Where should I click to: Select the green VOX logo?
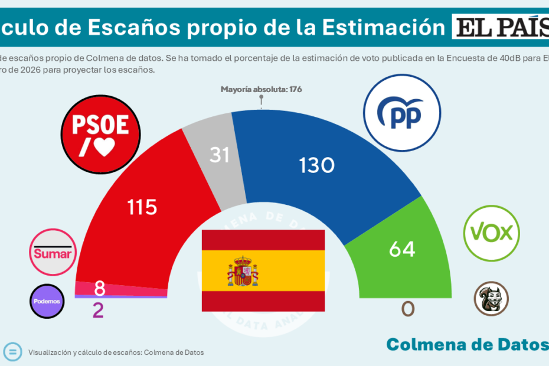[x=491, y=233]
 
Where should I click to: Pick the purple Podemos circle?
[x=47, y=301]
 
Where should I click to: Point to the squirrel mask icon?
[x=491, y=298]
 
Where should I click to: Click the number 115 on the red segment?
[x=142, y=207]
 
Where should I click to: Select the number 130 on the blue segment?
[x=317, y=166]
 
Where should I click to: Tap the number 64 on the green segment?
[x=402, y=249]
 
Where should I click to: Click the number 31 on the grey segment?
[x=220, y=155]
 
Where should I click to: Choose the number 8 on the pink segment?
[x=100, y=289]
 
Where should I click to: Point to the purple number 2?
[x=98, y=310]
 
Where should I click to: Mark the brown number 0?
[x=408, y=309]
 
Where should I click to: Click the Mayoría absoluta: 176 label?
[x=261, y=90]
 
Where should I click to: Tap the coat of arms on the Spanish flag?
[x=243, y=271]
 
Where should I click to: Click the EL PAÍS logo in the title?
[x=499, y=27]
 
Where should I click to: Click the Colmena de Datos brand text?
[x=466, y=345]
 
